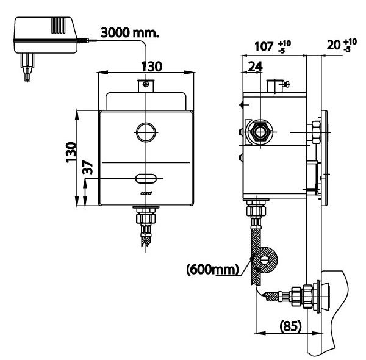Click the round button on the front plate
pyautogui.click(x=146, y=131)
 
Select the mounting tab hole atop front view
pyautogui.click(x=146, y=84)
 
